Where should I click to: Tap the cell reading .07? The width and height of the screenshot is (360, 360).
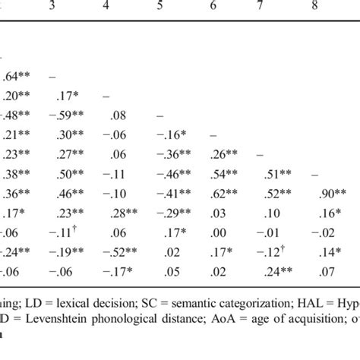click(308, 270)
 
